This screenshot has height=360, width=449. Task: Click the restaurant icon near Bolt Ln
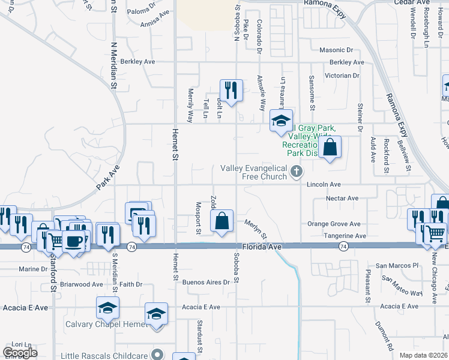pos(231,90)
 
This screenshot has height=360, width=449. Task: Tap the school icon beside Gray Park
pos(280,121)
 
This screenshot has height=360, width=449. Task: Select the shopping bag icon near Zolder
pos(222,220)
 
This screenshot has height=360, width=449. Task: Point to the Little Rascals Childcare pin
pos(157,354)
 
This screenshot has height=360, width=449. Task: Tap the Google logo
pos(20,353)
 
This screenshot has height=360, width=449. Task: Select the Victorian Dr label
pos(342,76)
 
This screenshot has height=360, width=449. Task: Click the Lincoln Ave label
pos(324,185)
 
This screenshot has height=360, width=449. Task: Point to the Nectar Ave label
pos(342,198)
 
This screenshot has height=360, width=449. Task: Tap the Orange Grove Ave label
pos(334,224)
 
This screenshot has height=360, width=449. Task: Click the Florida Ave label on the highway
pos(262,247)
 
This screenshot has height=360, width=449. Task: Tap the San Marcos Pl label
pos(396,265)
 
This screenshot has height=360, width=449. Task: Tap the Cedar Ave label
pos(411,2)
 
